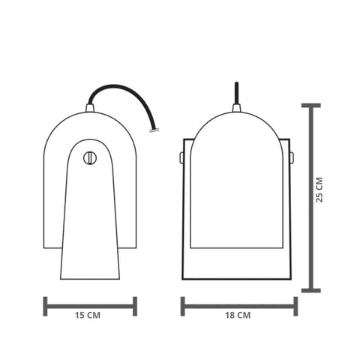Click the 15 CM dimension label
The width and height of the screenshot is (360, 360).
click(x=88, y=315)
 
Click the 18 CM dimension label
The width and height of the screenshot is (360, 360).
click(x=238, y=315)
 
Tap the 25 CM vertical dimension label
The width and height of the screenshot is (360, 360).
click(x=319, y=190)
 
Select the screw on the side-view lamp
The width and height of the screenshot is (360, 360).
click(x=90, y=158)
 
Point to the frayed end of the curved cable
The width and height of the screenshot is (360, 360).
click(x=154, y=130)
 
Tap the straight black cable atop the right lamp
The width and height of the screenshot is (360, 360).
click(x=236, y=93)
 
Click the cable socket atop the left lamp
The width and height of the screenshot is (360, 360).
click(x=90, y=108)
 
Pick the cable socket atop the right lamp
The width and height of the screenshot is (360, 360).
click(x=236, y=108)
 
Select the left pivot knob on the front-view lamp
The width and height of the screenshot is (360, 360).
click(x=181, y=157)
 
